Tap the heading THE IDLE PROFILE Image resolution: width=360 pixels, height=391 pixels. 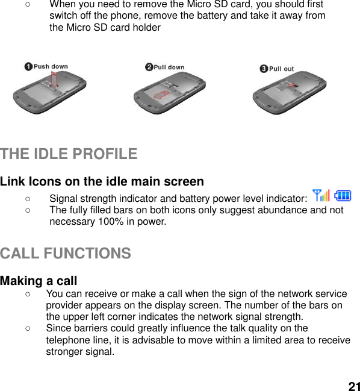click(x=69, y=154)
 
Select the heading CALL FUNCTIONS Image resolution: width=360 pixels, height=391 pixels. click(x=66, y=254)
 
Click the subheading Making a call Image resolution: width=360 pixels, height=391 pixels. click(x=39, y=281)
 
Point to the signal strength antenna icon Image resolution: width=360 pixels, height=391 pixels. click(x=321, y=195)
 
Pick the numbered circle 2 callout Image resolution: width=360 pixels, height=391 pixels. click(x=149, y=67)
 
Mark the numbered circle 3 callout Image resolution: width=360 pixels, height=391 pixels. click(x=263, y=69)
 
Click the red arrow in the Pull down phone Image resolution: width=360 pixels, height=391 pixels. click(x=161, y=95)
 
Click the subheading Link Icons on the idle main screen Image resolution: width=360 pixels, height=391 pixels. click(x=102, y=181)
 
